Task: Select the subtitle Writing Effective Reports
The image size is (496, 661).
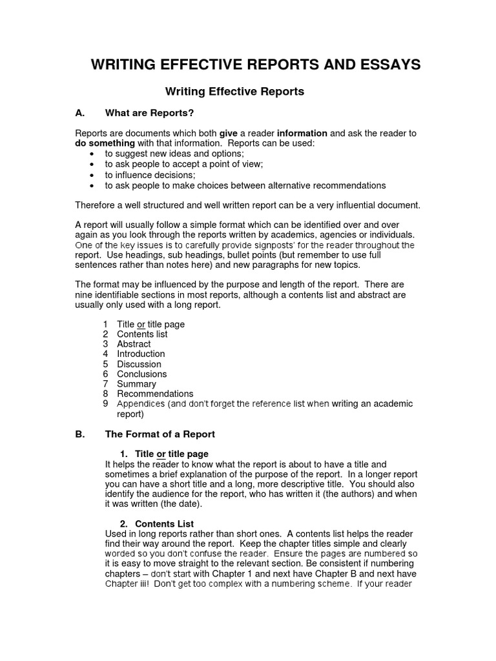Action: (x=234, y=92)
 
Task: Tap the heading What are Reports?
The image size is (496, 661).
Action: (x=149, y=113)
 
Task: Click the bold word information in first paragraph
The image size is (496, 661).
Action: (x=302, y=133)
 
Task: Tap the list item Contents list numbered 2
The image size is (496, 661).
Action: (x=141, y=334)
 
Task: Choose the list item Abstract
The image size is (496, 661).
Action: (x=134, y=344)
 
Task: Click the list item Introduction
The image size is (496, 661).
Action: (x=141, y=354)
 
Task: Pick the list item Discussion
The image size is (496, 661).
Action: (x=139, y=364)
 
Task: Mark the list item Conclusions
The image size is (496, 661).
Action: (x=141, y=374)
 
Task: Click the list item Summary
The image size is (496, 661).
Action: (x=136, y=384)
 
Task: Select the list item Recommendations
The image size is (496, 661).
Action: (x=155, y=394)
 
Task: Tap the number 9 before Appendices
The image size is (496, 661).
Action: (x=105, y=403)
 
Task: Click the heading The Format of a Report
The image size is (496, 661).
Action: (x=160, y=434)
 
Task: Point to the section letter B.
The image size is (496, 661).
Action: (x=79, y=434)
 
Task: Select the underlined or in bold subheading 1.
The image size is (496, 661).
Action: (x=161, y=454)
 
